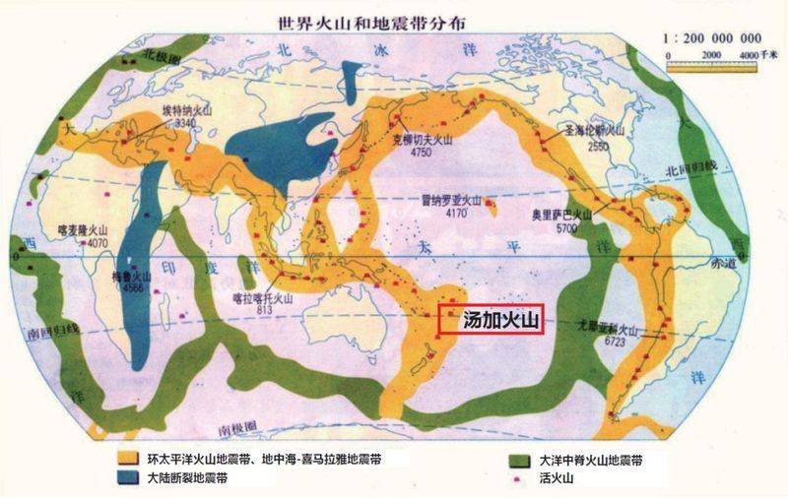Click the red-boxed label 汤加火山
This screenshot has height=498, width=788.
[489, 320]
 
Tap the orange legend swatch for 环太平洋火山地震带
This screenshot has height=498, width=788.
[125, 459]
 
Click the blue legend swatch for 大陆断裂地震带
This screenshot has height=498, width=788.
[125, 477]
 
